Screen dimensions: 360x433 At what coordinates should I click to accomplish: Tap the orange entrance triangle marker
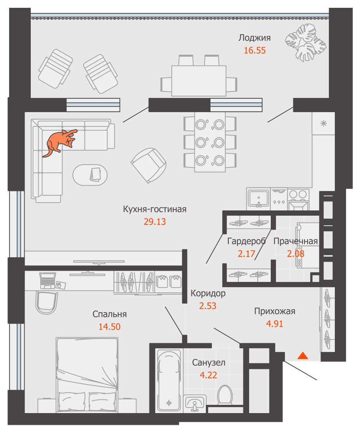(302, 355)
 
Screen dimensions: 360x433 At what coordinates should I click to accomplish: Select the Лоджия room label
(254, 38)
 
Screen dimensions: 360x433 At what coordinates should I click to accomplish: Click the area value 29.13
(155, 221)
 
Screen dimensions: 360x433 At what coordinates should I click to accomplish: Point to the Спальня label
(110, 314)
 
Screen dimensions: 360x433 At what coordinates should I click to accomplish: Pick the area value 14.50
(110, 326)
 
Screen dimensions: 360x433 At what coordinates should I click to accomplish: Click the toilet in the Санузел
(225, 395)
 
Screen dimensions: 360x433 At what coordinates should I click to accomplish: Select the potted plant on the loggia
(305, 42)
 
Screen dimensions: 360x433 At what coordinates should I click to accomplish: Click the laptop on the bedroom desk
(48, 280)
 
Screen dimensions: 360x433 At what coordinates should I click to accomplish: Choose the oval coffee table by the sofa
(90, 175)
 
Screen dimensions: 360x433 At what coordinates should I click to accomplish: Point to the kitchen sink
(258, 198)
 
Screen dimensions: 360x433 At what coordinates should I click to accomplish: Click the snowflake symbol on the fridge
(324, 123)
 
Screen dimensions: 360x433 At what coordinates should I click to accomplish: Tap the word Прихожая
(275, 311)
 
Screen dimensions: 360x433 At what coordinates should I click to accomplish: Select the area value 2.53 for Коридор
(208, 306)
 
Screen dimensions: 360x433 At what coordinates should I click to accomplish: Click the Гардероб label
(246, 241)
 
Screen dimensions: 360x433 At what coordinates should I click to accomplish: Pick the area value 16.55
(255, 50)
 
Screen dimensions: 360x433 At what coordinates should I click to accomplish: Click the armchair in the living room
(148, 165)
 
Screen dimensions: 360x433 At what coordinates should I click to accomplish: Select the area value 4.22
(208, 375)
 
